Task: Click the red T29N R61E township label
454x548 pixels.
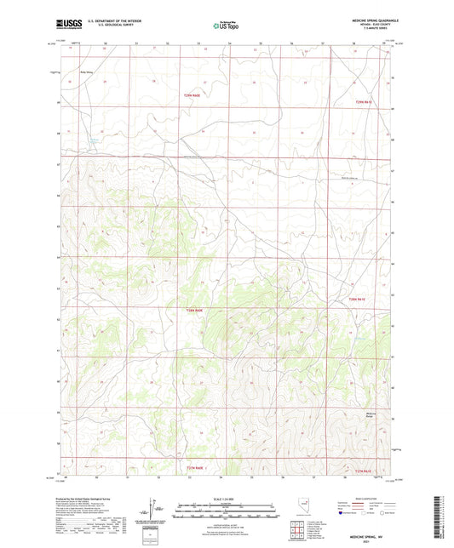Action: pyautogui.click(x=365, y=102)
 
